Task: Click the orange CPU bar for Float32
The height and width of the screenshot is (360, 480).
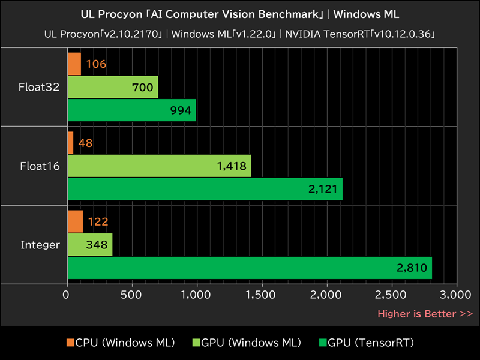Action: click(x=74, y=64)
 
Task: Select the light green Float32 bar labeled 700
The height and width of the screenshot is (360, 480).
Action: click(x=112, y=88)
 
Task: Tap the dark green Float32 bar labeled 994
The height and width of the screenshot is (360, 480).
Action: click(x=131, y=110)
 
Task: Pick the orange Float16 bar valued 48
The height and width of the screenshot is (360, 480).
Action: click(x=70, y=143)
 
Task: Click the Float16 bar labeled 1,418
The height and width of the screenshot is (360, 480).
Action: click(x=159, y=166)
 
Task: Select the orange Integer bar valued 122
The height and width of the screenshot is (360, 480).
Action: click(x=75, y=221)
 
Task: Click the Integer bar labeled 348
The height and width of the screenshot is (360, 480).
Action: click(x=89, y=245)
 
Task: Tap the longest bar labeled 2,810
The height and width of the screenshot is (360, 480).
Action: click(x=249, y=268)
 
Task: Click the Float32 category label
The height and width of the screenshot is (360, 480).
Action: click(x=39, y=88)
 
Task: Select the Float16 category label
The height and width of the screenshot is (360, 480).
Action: click(x=39, y=166)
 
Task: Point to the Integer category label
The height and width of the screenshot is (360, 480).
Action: click(x=40, y=245)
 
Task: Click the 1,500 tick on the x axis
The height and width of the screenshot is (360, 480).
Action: click(x=262, y=295)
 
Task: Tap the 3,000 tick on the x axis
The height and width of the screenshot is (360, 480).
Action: click(x=455, y=295)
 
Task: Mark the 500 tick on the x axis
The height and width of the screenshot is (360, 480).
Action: click(x=131, y=295)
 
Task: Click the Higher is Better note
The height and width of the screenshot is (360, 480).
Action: click(x=425, y=314)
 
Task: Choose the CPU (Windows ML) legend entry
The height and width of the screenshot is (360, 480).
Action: click(x=120, y=343)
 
